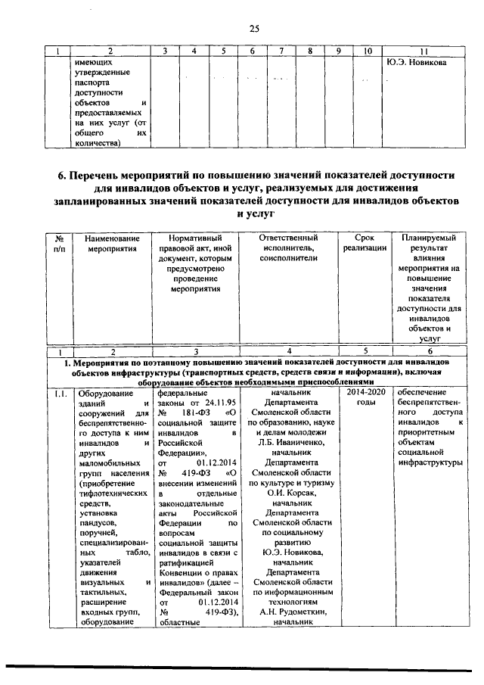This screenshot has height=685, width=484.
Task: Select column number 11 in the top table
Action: (x=423, y=51)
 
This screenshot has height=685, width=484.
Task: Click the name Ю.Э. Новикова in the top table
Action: (x=415, y=62)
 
